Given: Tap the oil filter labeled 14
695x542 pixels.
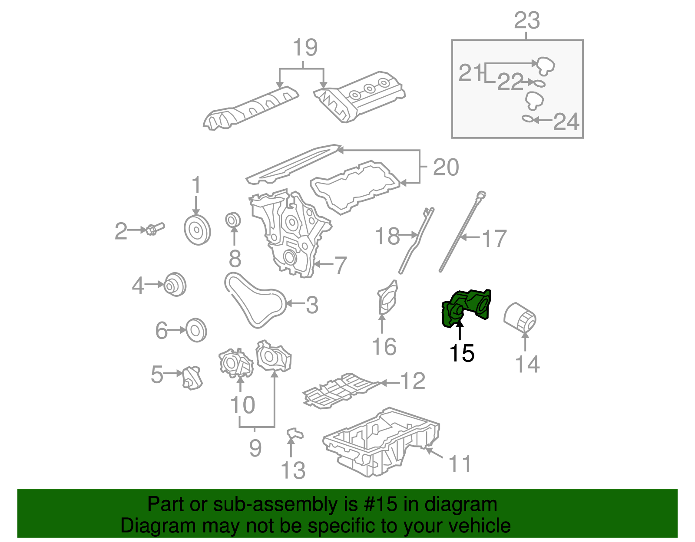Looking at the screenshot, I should click(x=520, y=319).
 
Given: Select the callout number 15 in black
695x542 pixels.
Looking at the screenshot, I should click(x=462, y=353).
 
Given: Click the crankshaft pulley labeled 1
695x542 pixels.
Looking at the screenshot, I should click(x=197, y=230).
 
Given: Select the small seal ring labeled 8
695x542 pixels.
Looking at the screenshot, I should click(x=234, y=220).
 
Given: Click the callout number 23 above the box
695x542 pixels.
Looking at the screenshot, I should click(x=526, y=20).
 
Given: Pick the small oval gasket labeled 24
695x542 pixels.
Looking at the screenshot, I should click(x=527, y=118).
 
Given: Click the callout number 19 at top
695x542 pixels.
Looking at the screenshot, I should click(x=304, y=47).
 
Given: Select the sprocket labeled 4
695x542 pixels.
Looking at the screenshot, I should click(x=175, y=285).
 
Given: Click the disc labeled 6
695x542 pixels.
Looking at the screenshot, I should click(x=196, y=331).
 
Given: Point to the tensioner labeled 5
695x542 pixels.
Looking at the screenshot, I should click(x=192, y=377).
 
